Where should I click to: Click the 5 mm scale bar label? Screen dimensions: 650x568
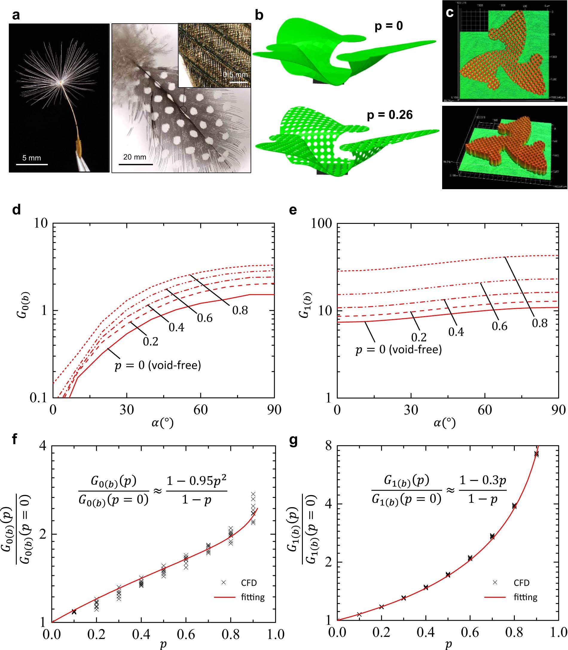[31, 158]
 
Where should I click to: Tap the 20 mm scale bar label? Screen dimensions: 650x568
[135, 157]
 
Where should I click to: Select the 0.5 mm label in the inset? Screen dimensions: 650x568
[235, 75]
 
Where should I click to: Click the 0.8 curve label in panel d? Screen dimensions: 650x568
[240, 310]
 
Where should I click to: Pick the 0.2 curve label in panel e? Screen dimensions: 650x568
[419, 337]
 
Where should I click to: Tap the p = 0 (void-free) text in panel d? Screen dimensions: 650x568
[158, 365]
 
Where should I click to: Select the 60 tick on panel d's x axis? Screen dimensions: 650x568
[200, 410]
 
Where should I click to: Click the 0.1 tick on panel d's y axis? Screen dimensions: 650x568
[38, 398]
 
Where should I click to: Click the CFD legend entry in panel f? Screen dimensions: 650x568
[249, 582]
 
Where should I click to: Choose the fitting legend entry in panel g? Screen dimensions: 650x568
[525, 597]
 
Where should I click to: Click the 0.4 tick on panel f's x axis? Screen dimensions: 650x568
[141, 634]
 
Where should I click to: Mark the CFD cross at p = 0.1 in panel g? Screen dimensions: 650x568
[359, 614]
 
